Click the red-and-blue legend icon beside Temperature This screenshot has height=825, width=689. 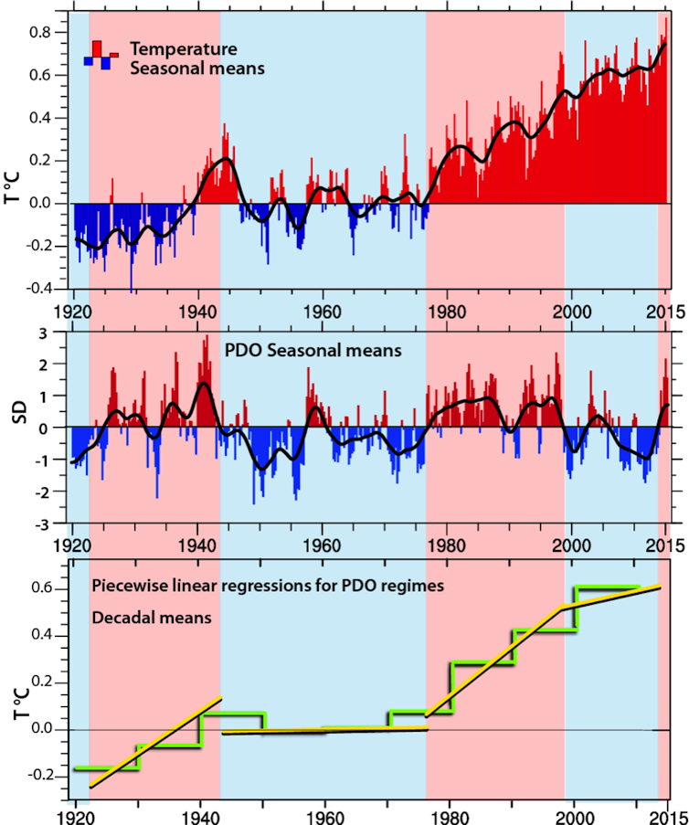click(x=101, y=55)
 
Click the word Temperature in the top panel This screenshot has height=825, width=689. click(x=184, y=48)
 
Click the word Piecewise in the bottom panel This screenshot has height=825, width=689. click(x=126, y=586)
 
